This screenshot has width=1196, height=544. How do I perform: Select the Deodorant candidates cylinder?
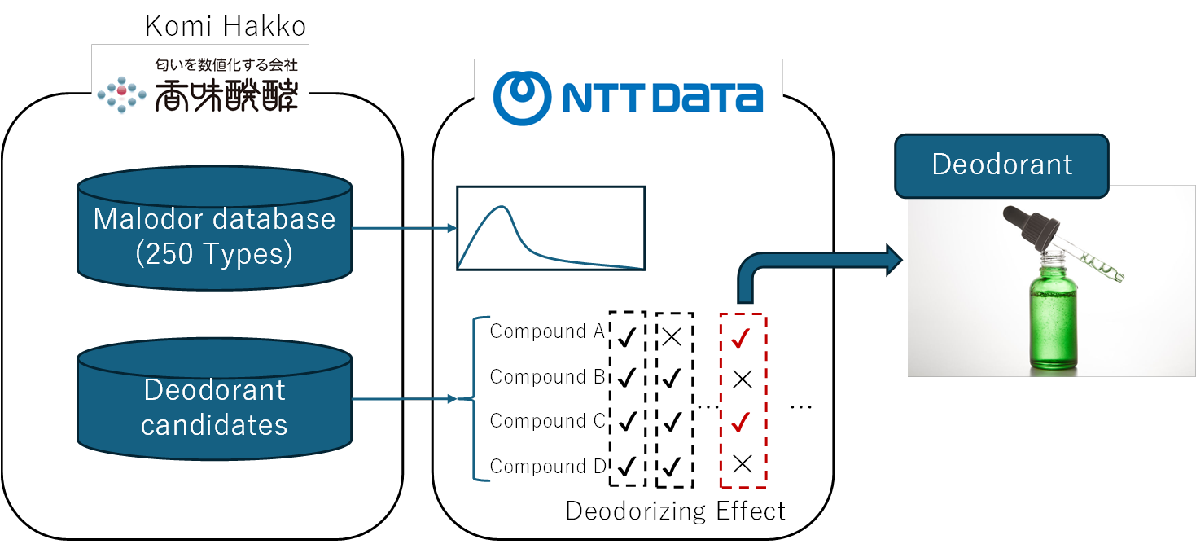(x=214, y=406)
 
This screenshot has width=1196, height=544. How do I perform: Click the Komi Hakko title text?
(x=226, y=26)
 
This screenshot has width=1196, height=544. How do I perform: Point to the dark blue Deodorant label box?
(x=1001, y=165)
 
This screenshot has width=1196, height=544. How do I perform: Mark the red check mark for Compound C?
(x=741, y=423)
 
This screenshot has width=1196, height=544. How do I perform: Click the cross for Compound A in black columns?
(x=672, y=335)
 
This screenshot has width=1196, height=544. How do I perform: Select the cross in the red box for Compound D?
(x=742, y=465)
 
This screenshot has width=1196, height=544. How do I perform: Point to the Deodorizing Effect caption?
(x=675, y=511)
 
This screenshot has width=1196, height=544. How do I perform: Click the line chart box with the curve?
(x=550, y=228)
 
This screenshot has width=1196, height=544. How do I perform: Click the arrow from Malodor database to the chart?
(x=403, y=228)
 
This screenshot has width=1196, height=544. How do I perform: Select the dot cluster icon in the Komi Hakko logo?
(x=121, y=95)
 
